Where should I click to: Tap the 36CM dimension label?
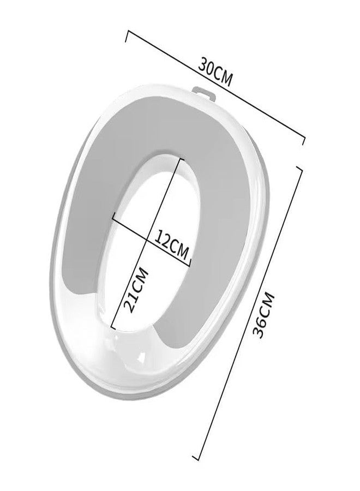pyautogui.click(x=263, y=315)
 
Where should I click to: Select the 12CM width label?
pyautogui.click(x=172, y=245)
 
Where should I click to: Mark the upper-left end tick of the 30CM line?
pyautogui.click(x=127, y=36)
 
